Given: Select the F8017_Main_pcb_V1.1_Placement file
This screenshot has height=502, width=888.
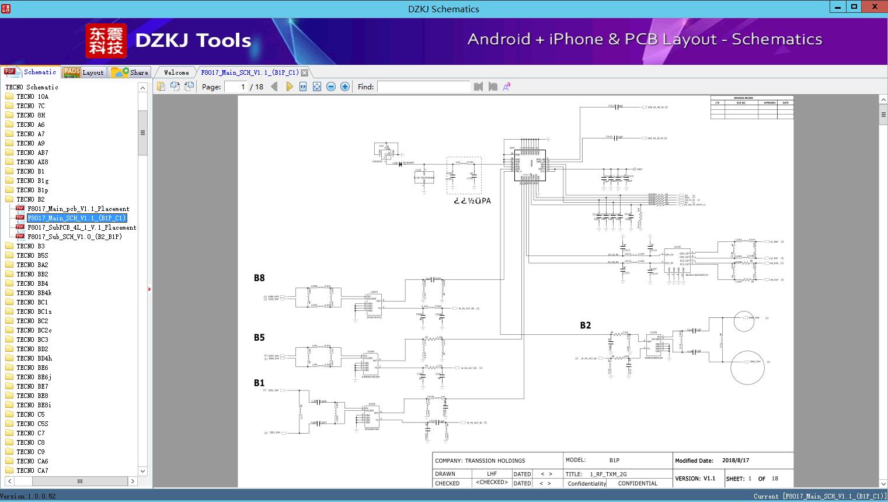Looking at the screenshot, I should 78,209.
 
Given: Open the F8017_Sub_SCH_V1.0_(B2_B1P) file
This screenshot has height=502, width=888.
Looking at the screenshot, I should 75,237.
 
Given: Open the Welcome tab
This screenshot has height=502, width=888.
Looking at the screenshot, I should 176,72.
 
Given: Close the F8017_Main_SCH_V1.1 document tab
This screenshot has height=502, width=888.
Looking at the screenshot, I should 304,73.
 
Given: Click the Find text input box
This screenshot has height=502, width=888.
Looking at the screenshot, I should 423,86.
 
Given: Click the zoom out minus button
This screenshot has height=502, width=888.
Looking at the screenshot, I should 331,86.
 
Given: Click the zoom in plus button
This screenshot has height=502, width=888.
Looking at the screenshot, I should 345,86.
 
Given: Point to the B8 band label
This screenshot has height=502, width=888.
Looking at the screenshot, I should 259,278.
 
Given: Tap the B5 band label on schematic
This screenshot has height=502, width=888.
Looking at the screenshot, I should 259,338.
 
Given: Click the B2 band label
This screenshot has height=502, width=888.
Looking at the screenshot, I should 585,326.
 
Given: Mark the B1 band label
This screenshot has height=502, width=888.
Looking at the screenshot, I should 259,383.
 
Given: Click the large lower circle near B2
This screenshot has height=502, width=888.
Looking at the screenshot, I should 747,367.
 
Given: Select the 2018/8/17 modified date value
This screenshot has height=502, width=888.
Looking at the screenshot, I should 735,461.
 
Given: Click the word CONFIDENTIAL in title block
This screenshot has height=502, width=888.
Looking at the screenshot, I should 638,483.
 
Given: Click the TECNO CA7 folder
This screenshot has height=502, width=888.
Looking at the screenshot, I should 32,470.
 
